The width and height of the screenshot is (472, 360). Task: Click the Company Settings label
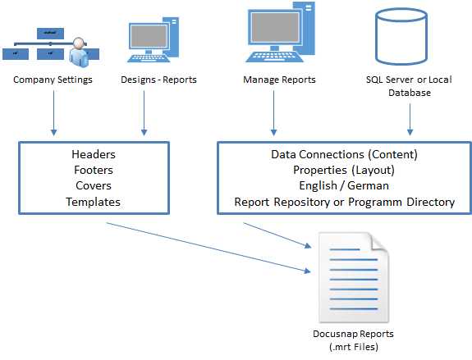[53, 80]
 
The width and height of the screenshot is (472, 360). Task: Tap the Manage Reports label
[279, 80]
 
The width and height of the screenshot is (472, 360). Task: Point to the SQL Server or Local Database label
[409, 86]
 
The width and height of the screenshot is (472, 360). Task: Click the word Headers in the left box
[94, 154]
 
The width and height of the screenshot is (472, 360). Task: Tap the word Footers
[94, 170]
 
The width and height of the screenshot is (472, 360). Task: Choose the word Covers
[94, 185]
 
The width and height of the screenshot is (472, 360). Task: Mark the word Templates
[94, 201]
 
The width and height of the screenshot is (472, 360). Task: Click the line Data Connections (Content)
[345, 154]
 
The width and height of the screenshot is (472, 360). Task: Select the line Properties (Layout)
[345, 170]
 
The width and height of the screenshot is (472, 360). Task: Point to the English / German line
[345, 185]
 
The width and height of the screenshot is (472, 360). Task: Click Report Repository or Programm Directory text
[345, 201]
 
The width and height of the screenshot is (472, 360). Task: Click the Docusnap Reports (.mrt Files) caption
[353, 339]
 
